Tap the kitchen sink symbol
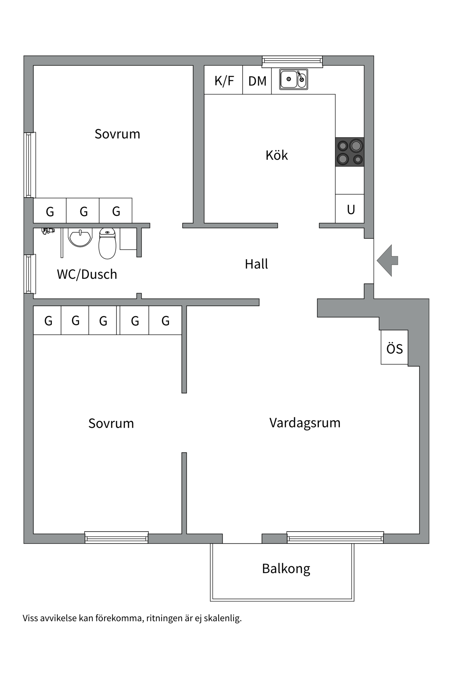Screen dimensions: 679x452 [293, 79]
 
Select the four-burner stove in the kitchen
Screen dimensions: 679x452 [350, 152]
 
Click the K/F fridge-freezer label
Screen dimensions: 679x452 [224, 81]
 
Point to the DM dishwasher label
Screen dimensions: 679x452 [257, 81]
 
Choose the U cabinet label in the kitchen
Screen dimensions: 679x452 [350, 209]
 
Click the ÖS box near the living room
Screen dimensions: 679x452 [394, 348]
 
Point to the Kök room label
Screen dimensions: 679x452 [276, 155]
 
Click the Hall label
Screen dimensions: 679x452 [256, 264]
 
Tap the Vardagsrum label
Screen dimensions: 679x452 [305, 423]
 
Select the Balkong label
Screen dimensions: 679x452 [286, 568]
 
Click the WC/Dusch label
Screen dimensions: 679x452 [87, 274]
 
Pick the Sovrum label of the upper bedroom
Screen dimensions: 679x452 [117, 134]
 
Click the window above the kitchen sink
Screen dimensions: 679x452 [292, 61]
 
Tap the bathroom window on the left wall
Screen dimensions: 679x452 [30, 274]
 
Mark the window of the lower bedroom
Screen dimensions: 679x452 [117, 537]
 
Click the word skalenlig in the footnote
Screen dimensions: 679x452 [222, 618]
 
